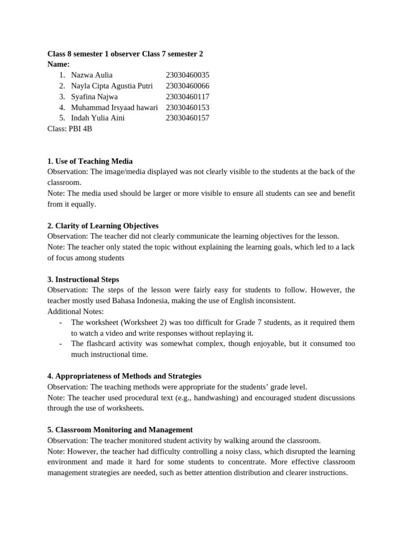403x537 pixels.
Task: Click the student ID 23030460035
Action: pyautogui.click(x=187, y=75)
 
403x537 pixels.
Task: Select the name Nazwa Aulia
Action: pyautogui.click(x=92, y=75)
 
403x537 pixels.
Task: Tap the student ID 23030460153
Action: pyautogui.click(x=187, y=108)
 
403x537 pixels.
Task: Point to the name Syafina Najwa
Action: pyautogui.click(x=94, y=96)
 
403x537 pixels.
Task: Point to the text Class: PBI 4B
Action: pyautogui.click(x=70, y=128)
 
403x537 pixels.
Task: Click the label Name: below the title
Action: pyautogui.click(x=58, y=64)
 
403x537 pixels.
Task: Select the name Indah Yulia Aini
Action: pyautogui.click(x=98, y=118)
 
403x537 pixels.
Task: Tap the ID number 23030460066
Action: pyautogui.click(x=187, y=86)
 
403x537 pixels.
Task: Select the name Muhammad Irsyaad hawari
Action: pyautogui.click(x=114, y=108)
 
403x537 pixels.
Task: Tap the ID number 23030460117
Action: pyautogui.click(x=187, y=96)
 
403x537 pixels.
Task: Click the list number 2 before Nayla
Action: pyautogui.click(x=62, y=86)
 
